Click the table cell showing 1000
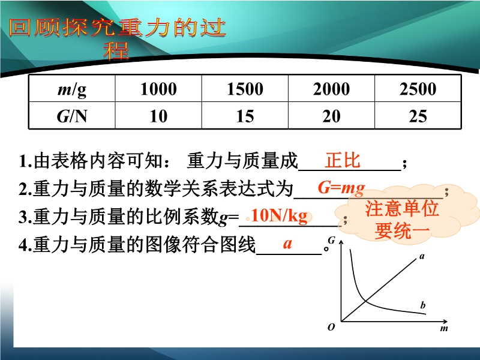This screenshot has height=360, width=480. tap(158, 89)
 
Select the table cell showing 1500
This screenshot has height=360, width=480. tap(245, 89)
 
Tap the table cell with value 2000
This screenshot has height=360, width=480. tap(331, 89)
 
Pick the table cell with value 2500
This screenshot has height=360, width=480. tap(418, 89)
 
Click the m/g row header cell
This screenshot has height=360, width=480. tap(72, 89)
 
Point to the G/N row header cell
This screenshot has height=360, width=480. tap(72, 115)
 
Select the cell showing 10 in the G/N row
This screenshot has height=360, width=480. tap(158, 115)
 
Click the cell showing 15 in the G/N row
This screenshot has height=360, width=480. tap(245, 115)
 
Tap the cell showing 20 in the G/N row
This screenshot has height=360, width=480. tap(331, 115)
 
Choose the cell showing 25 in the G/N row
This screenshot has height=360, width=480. tap(418, 115)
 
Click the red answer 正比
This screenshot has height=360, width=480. tap(343, 160)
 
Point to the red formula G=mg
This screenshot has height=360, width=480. tap(341, 187)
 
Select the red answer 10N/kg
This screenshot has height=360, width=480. tap(279, 215)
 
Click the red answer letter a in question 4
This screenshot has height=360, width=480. tap(287, 244)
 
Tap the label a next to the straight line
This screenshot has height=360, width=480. tap(422, 256)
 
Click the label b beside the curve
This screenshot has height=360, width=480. tap(423, 305)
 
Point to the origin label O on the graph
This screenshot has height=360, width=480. tap(331, 327)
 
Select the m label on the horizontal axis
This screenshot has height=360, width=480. tap(444, 328)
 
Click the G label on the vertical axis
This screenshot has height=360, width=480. tap(332, 241)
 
